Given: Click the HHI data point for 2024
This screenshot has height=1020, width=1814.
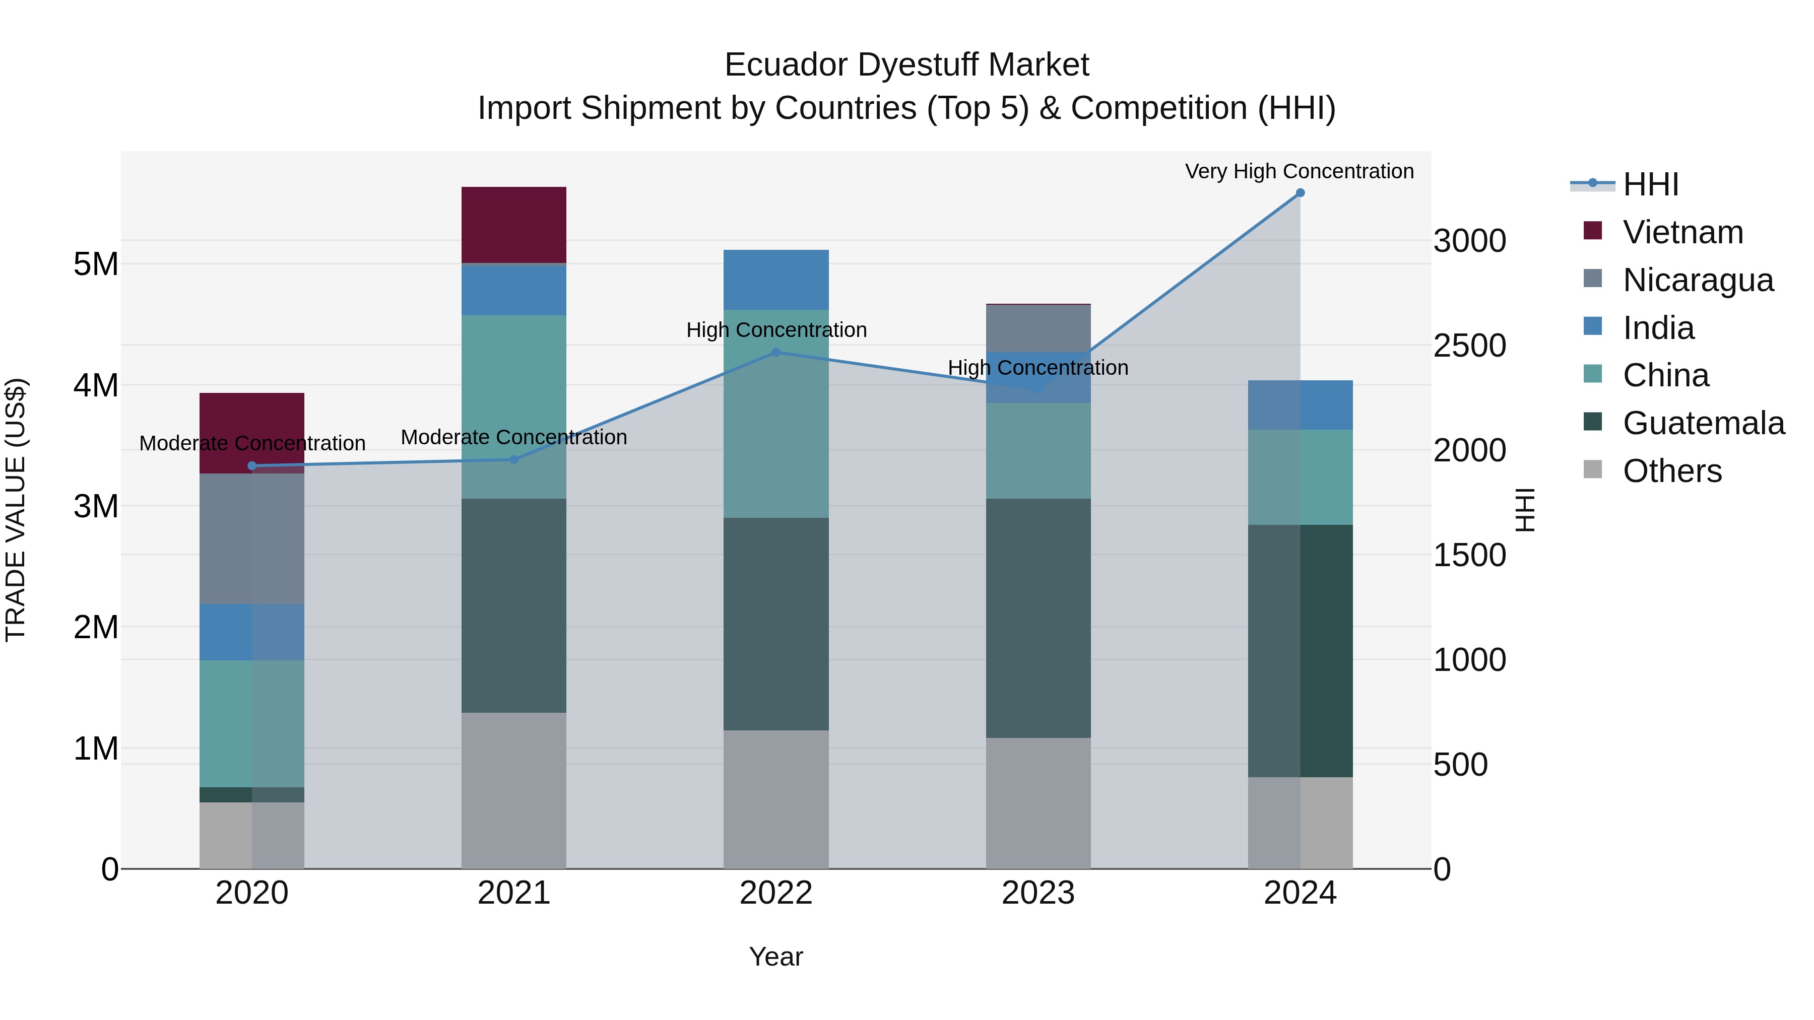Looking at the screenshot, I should [1300, 193].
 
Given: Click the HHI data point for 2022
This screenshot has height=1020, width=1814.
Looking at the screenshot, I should [776, 353].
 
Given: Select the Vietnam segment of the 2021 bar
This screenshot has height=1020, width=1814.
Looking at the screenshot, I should [513, 225].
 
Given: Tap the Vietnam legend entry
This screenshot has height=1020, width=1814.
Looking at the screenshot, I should [1682, 232].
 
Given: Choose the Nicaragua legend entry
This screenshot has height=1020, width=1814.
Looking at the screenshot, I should [1697, 280].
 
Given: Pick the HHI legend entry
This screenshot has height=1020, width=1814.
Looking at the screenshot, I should [1650, 184].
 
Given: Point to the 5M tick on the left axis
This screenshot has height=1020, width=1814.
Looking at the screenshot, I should [96, 264].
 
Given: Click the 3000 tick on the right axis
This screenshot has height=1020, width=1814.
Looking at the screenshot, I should [1470, 241].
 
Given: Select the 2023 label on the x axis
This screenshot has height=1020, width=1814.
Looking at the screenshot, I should [1038, 893].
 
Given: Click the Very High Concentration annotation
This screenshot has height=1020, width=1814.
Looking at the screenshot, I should [1299, 171].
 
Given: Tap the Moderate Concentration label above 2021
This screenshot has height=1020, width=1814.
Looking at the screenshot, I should [513, 437].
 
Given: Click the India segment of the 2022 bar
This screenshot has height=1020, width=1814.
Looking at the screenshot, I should [776, 280].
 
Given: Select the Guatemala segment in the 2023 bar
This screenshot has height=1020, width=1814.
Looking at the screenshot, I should [1038, 618].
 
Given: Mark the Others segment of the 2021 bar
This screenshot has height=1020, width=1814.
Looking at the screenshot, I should [513, 790].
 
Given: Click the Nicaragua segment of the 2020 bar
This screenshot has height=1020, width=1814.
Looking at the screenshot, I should [251, 538].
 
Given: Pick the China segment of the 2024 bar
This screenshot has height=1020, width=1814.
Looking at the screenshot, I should [1300, 478].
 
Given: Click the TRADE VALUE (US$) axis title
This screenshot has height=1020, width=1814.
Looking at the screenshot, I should [16, 510].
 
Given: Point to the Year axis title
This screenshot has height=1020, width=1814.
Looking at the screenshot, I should [776, 957].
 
